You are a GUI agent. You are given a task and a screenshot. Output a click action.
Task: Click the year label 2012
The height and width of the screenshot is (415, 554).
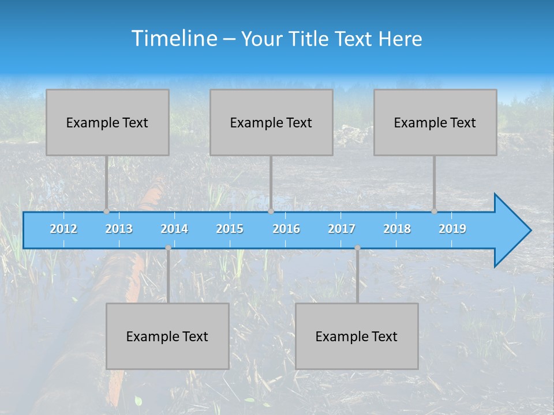point(63,229)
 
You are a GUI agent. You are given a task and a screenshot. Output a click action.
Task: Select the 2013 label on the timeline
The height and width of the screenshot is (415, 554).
point(119,229)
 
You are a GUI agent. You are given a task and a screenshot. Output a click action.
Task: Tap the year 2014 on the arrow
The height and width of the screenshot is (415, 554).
point(174,229)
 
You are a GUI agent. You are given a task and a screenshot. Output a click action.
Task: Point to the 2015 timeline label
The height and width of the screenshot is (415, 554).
point(230,229)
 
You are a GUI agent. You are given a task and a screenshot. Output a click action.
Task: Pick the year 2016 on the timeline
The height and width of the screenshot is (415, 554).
point(286,229)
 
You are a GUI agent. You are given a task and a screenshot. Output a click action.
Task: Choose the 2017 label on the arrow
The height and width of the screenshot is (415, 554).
point(342,229)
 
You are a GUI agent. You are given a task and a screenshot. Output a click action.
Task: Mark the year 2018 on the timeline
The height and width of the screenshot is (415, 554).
point(397,229)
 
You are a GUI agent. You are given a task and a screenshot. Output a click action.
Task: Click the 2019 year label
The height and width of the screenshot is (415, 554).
point(452,229)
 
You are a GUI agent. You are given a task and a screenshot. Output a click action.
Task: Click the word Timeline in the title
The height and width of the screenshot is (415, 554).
point(174,38)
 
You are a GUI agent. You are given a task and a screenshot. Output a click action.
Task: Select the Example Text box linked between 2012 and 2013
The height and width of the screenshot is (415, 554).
point(107,122)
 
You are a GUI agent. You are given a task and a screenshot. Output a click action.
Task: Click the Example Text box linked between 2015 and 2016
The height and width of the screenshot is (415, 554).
point(271,122)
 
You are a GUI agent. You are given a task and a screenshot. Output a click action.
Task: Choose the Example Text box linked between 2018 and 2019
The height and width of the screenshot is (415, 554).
point(435,122)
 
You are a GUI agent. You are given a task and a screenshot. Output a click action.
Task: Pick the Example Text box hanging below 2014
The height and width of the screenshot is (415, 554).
point(167,336)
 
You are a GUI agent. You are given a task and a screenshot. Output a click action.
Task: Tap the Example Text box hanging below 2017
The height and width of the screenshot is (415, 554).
point(357,336)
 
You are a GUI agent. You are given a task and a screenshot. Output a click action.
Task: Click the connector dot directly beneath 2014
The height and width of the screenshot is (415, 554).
point(168,248)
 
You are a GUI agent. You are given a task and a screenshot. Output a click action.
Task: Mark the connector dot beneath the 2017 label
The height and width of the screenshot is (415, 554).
point(357,248)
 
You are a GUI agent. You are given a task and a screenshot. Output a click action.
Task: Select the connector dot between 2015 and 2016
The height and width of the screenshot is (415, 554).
point(271,211)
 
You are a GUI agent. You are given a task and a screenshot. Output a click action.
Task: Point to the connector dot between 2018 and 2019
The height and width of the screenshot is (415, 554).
point(434,211)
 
